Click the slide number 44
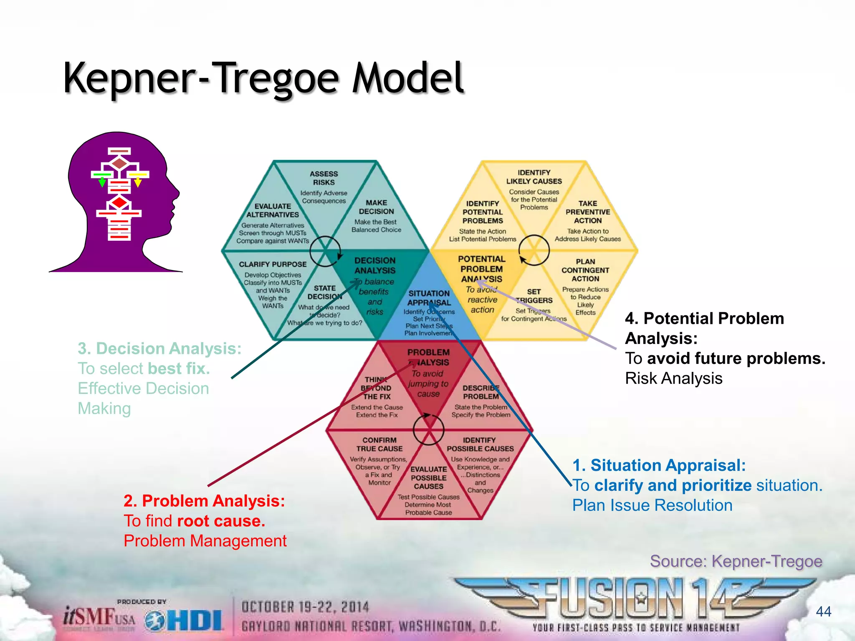823,612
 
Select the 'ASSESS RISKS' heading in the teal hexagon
324,178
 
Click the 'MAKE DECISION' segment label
376,207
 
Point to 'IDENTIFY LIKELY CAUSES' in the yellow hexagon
534,177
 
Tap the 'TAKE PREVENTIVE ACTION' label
587,212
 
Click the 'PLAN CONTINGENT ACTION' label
585,270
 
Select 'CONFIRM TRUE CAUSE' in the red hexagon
379,444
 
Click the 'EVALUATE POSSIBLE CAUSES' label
428,478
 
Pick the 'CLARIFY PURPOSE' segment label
273,264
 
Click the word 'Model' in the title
407,78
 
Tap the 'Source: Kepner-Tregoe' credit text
736,561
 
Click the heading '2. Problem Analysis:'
204,501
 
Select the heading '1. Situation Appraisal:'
659,465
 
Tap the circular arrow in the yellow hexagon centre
534,250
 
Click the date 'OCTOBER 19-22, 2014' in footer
305,607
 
